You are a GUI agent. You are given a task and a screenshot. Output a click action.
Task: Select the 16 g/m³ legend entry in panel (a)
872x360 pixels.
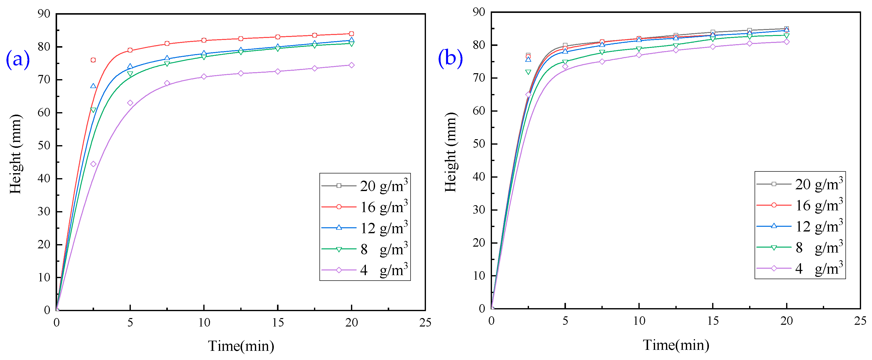365,207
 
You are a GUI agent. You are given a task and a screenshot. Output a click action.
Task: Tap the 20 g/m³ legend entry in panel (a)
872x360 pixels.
365,186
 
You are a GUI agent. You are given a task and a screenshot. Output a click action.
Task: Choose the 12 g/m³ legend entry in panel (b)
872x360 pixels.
800,226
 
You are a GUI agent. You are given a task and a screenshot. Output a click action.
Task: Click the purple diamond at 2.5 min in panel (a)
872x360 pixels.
93,164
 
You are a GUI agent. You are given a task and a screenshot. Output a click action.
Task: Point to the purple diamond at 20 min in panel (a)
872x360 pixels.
351,65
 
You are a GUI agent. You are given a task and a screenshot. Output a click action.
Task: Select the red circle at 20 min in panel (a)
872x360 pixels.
351,34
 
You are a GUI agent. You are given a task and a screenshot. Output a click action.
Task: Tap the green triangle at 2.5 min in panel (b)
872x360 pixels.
528,72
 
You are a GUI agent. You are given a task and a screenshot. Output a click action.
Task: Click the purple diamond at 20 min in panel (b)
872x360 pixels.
786,42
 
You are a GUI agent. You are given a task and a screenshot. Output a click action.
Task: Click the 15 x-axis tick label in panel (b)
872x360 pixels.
713,321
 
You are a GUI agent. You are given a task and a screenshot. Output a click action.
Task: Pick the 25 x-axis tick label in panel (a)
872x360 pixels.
425,323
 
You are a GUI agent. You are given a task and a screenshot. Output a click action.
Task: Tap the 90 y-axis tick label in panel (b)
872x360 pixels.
479,12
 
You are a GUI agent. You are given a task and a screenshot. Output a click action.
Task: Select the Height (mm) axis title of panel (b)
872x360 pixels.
451,152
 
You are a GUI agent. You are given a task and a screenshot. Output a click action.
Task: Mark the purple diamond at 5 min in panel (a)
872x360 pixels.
130,103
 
